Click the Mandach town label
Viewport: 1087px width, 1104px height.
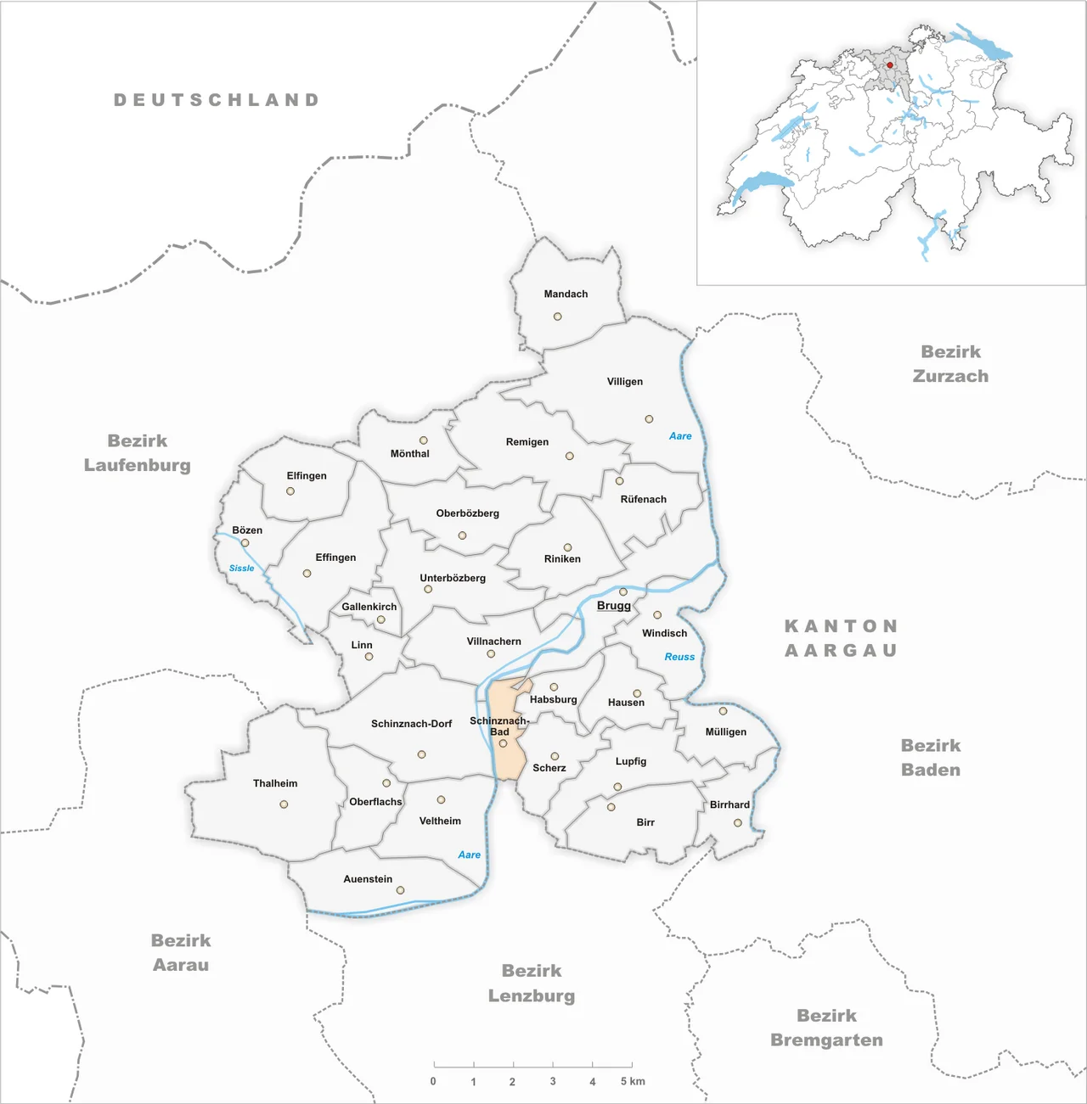566,294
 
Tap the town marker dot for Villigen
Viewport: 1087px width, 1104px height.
649,419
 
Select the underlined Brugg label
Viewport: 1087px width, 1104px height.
613,606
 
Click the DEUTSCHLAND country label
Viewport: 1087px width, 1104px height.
217,100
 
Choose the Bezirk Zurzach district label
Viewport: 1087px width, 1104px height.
950,364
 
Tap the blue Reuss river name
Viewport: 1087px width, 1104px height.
679,657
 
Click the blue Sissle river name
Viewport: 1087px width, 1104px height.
241,569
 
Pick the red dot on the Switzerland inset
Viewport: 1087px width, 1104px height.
890,65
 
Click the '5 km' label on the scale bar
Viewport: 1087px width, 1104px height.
633,1081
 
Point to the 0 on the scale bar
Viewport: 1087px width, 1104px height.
433,1081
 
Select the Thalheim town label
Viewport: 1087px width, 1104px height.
275,783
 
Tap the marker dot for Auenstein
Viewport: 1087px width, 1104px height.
400,890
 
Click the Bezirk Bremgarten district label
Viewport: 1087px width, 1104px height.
826,1028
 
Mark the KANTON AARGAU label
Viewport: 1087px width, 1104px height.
841,638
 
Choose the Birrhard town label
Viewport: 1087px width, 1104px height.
729,804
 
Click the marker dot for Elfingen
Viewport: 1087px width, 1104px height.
290,491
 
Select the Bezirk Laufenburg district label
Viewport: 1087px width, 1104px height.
138,453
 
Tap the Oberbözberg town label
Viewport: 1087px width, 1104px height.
467,513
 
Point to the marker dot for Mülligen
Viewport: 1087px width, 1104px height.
724,711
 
